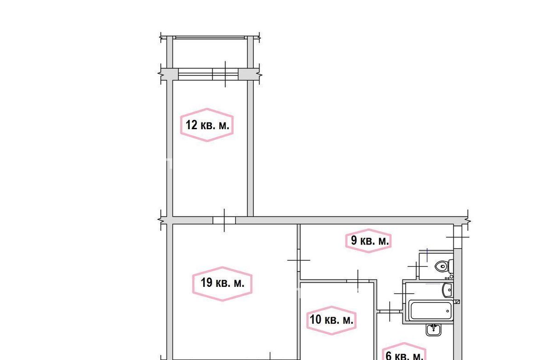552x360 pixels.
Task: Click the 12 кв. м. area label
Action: (207, 125)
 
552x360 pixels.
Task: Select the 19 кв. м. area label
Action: (222, 283)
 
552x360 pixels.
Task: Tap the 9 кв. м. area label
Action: (370, 240)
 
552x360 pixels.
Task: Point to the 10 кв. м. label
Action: (332, 320)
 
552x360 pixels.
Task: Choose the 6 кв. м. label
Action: (404, 356)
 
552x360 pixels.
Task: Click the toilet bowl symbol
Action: (444, 266)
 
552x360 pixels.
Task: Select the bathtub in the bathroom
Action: (431, 310)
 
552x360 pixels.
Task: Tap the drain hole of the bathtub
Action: (448, 311)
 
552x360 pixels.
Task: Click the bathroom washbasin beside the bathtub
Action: (448, 290)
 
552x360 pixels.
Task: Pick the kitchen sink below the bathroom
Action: (433, 330)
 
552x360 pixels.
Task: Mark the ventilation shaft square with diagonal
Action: (457, 302)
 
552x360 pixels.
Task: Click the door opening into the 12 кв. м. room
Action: (224, 220)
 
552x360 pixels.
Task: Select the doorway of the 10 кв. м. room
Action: (358, 281)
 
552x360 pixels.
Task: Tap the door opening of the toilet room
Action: (418, 267)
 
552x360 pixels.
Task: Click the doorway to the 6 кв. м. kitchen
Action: (390, 311)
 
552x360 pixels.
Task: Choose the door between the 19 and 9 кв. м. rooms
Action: (299, 260)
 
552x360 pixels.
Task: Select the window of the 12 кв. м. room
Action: (208, 74)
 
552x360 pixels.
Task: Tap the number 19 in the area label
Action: (207, 283)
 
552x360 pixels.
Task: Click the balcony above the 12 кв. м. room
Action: (210, 53)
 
